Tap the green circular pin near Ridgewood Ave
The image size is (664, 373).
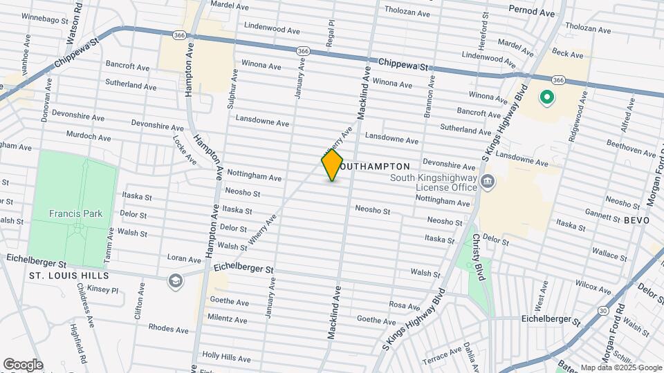click(546, 98)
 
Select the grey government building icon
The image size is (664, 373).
click(488, 182)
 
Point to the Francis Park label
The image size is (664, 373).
click(75, 213)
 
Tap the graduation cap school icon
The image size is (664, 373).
click(176, 280)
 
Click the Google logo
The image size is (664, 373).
click(23, 365)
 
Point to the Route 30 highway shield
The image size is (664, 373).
click(604, 311)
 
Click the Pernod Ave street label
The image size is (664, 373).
click(531, 12)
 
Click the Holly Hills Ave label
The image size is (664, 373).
click(225, 357)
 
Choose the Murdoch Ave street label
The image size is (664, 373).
click(89, 137)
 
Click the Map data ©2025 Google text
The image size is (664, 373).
click(621, 367)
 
